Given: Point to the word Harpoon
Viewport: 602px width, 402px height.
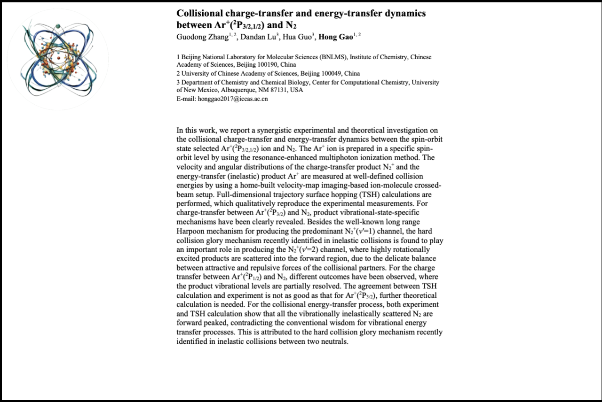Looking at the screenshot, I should tap(190, 231).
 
